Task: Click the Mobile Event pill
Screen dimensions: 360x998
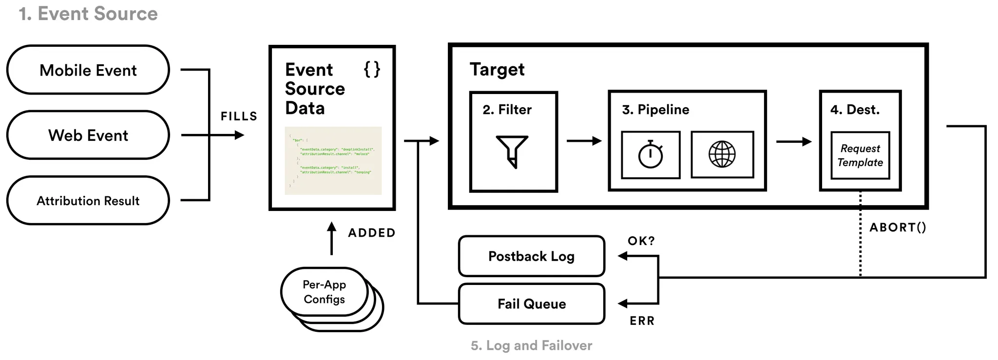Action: tap(88, 70)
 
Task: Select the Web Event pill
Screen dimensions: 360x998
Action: tap(88, 135)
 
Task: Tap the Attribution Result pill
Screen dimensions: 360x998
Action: tap(88, 201)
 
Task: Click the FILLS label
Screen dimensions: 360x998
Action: tap(239, 116)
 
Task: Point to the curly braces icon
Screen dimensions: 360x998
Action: tap(372, 69)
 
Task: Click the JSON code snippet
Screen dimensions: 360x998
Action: tap(333, 161)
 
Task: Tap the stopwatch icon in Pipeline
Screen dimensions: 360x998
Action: tap(651, 154)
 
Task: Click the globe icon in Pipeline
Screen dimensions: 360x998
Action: tap(722, 154)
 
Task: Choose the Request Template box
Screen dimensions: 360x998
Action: tap(860, 155)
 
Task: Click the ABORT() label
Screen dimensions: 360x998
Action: tap(898, 227)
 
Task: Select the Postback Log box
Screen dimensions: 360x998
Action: tap(531, 256)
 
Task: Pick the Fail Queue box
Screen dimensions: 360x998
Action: tap(531, 304)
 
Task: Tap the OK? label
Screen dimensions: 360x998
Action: tap(641, 241)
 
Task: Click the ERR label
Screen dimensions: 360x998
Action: tap(642, 321)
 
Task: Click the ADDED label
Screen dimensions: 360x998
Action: tap(371, 233)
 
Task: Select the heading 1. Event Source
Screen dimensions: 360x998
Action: tap(88, 14)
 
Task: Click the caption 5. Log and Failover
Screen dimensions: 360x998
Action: tap(531, 345)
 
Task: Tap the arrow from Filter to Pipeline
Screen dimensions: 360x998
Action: tap(584, 141)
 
